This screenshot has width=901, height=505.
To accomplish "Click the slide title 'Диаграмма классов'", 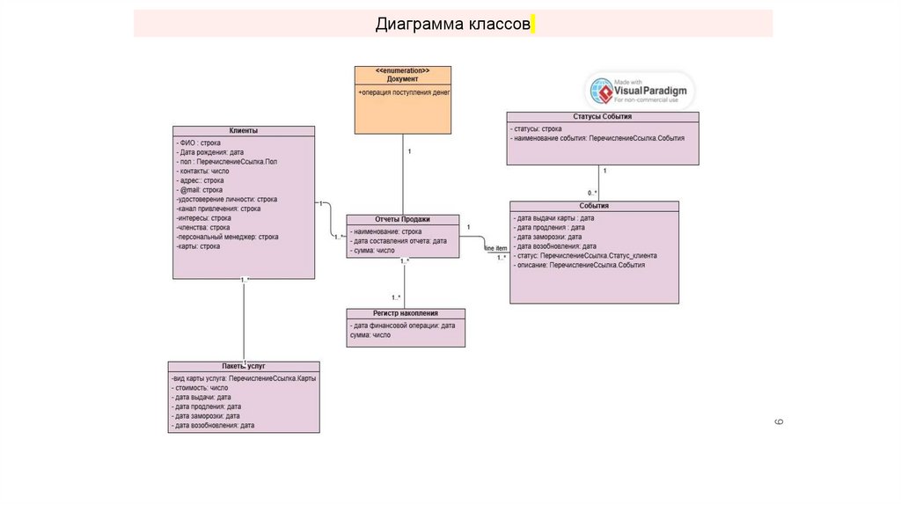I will (452, 23).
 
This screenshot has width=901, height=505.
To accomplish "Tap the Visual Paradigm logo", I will (641, 91).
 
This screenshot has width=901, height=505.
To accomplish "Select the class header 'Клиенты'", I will (244, 131).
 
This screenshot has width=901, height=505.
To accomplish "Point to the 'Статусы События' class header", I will (602, 116).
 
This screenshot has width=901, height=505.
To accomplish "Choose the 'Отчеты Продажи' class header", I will (402, 220).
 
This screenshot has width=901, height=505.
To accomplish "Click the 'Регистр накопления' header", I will (405, 313).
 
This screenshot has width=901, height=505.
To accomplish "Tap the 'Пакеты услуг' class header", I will (244, 365).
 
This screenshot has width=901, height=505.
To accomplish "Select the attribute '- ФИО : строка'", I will (199, 143).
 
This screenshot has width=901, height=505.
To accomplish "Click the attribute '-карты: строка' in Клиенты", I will (199, 246).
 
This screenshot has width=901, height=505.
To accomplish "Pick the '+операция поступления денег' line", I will (404, 91).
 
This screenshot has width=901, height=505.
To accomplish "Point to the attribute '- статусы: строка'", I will (538, 128).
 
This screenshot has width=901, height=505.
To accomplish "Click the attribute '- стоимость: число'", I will (201, 387).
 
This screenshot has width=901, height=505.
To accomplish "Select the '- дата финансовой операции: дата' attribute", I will (402, 326).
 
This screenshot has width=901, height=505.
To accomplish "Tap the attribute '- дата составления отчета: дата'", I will (399, 241).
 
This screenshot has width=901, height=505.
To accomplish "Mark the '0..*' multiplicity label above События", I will (593, 194).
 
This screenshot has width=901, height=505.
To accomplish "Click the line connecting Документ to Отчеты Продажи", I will (403, 176).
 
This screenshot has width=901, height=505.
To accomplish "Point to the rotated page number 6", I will (779, 422).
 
